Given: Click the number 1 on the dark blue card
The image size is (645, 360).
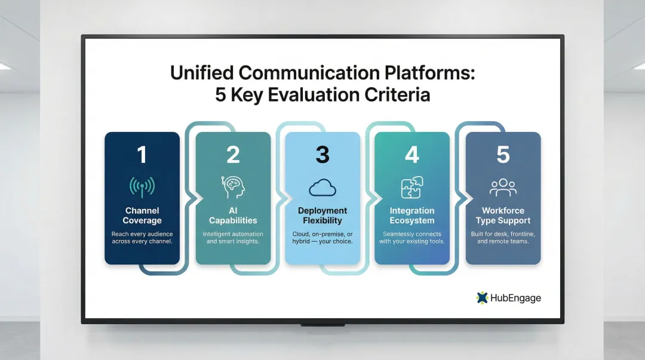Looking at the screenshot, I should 142,155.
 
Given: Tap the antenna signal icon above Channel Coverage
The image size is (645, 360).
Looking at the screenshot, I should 142,187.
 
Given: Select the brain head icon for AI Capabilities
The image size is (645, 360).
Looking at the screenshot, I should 233,187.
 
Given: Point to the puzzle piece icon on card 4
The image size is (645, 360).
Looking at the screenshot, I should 412,187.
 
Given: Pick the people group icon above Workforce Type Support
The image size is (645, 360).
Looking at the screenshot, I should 503,187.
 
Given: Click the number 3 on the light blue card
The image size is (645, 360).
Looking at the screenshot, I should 322,155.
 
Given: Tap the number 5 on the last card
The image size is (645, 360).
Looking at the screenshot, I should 503,155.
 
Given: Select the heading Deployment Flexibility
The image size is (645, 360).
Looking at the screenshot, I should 322,216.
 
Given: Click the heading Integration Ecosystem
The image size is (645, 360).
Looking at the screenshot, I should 412,216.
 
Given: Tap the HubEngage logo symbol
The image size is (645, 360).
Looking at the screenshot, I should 482,297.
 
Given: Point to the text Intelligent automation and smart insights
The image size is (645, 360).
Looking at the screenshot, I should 233,238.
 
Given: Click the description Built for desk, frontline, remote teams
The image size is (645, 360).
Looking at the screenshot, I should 503,238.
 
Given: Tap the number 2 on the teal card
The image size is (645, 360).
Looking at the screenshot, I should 233,155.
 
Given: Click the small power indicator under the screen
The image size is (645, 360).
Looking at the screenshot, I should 322,325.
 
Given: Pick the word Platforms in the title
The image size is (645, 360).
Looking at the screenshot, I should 423,72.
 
